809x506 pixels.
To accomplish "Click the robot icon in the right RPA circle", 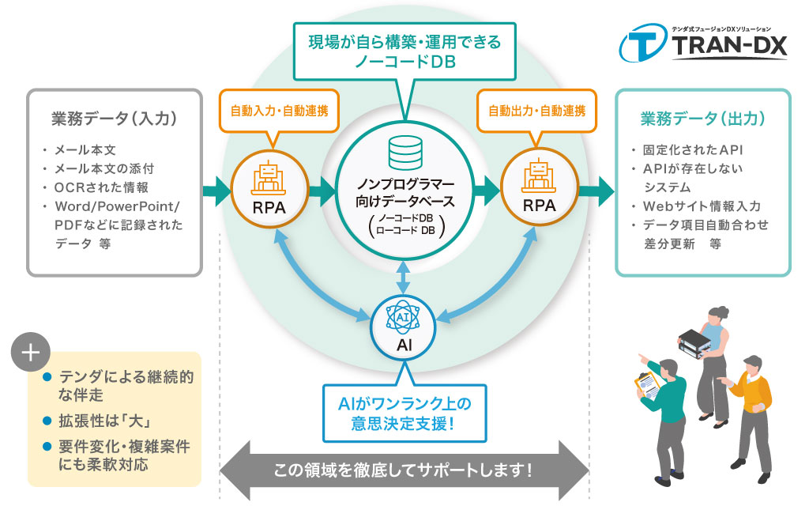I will (x=540, y=176).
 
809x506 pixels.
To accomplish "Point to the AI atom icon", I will (x=404, y=317).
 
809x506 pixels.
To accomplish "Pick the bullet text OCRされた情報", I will (x=100, y=187).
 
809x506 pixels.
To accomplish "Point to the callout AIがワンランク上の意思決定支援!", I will (x=403, y=413).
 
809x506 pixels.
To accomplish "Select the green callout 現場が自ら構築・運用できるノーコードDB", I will (x=404, y=51).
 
